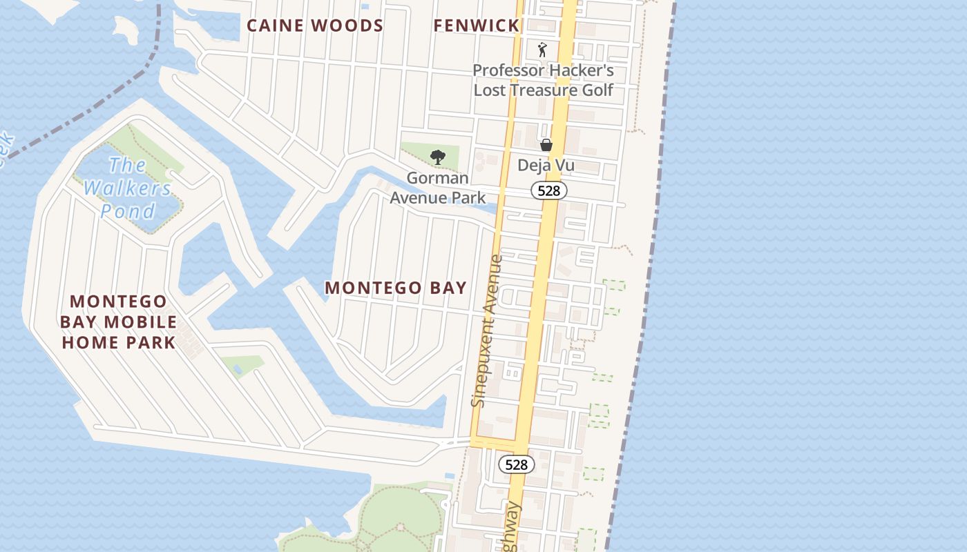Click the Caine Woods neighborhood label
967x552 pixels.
(315, 26)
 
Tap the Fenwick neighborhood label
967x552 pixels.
(476, 26)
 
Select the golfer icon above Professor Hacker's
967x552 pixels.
(542, 50)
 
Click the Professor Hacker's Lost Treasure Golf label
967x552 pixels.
(543, 80)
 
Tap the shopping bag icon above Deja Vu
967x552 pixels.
(546, 145)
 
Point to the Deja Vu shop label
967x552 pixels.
(546, 166)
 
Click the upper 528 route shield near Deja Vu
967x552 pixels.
(548, 190)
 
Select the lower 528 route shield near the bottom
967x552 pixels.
(516, 464)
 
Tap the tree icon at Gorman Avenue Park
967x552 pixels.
(437, 157)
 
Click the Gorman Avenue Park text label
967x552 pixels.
(437, 188)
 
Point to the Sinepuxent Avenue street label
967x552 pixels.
(486, 331)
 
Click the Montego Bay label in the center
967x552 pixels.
(396, 288)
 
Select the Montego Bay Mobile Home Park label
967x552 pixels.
(118, 322)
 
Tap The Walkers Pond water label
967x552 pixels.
(128, 188)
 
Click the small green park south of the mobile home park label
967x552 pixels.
(243, 364)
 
